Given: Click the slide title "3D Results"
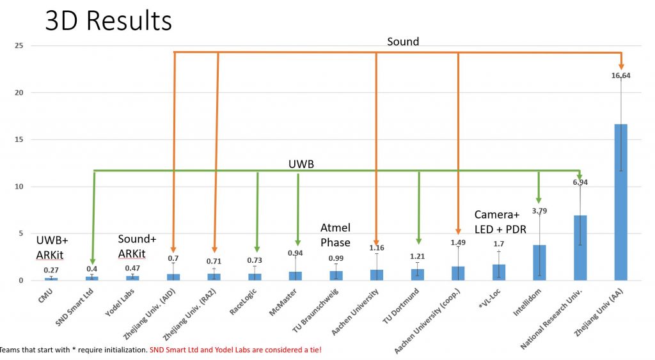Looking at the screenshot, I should click(x=108, y=20).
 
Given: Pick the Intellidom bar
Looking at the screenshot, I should click(x=539, y=262).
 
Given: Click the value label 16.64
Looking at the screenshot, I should click(x=620, y=75).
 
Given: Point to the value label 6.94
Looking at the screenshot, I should click(x=580, y=182).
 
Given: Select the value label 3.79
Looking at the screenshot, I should click(x=539, y=210).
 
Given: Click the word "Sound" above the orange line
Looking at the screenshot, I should click(x=403, y=42).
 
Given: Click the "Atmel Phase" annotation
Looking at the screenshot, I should click(x=335, y=235).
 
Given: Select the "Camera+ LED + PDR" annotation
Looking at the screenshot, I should click(x=501, y=222).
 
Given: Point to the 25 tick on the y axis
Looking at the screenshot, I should click(x=20, y=45).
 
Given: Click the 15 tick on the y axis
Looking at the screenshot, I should click(x=20, y=139).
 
